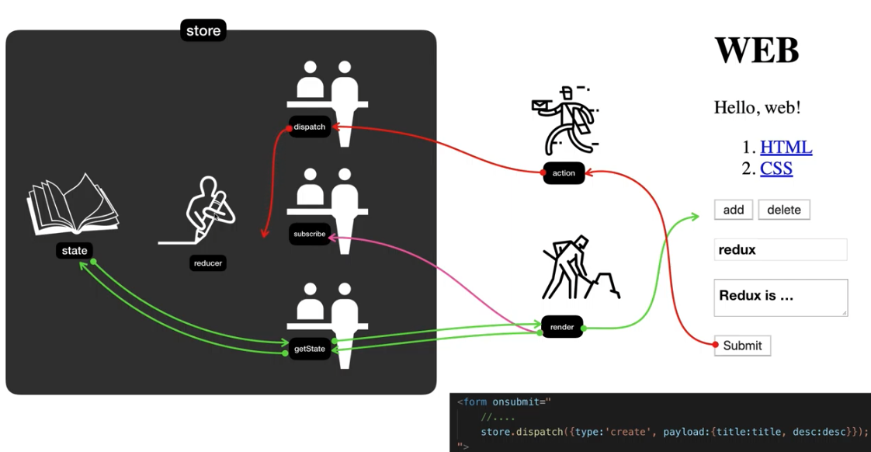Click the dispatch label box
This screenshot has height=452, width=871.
point(310,127)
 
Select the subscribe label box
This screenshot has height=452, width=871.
point(310,234)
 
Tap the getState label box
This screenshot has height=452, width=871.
point(310,349)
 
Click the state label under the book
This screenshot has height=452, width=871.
point(75,251)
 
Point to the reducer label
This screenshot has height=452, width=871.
point(208,263)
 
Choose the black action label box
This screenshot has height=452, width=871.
point(564,173)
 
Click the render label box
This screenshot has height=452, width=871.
point(562,327)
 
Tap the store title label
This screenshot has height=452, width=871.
point(203,31)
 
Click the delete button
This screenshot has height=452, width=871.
point(784,210)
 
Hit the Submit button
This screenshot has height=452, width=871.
point(742,346)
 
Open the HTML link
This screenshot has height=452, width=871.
point(786,148)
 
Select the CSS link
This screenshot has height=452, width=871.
point(776,169)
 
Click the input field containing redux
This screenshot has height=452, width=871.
point(780,250)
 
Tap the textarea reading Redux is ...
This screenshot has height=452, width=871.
point(780,297)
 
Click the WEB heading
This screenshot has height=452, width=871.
point(756,50)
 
